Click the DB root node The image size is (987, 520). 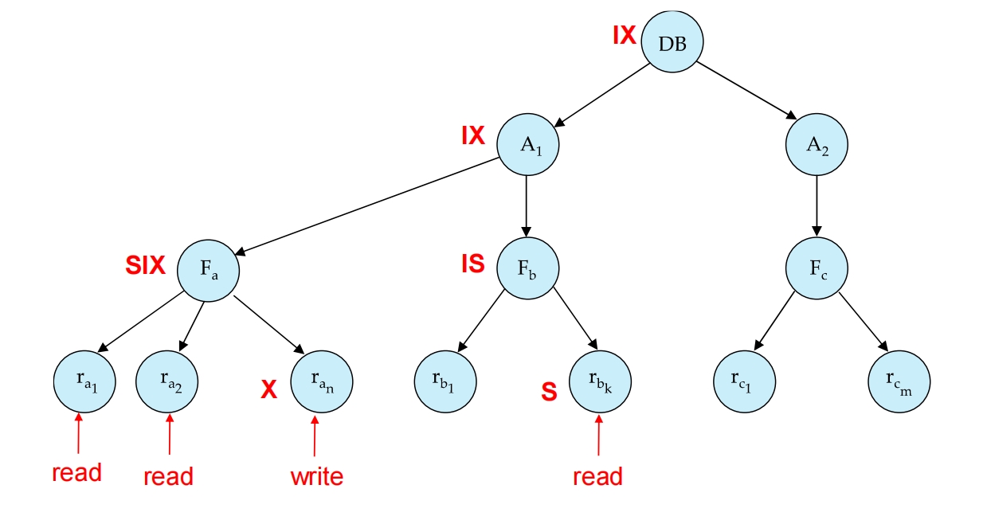click(x=672, y=43)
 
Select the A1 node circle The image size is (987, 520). click(x=527, y=145)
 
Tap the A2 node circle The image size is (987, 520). click(x=817, y=145)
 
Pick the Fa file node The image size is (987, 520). click(x=207, y=269)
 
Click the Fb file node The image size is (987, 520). click(x=527, y=268)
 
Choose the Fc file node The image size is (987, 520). click(x=817, y=268)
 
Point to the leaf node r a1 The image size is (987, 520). click(x=85, y=382)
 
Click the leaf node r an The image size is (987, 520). click(x=321, y=382)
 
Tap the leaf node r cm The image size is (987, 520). click(x=899, y=383)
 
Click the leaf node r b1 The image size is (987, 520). click(x=445, y=382)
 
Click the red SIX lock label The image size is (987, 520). click(x=145, y=266)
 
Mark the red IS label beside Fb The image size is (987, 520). click(x=472, y=264)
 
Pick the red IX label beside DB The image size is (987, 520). click(x=624, y=35)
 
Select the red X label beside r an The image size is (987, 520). click(x=269, y=389)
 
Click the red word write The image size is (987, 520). click(x=316, y=477)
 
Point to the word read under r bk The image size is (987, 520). click(x=597, y=476)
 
